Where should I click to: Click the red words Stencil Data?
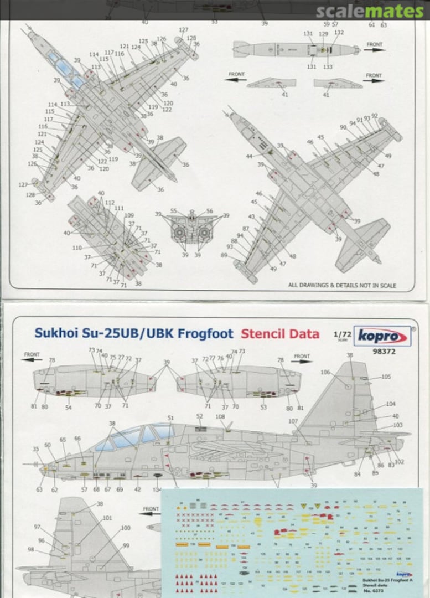tap(279, 334)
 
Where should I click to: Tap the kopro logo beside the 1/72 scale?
tap(382, 336)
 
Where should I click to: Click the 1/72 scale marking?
tap(341, 336)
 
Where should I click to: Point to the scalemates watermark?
tap(370, 11)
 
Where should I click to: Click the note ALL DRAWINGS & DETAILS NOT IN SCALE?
tap(342, 286)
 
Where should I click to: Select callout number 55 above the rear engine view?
tap(174, 211)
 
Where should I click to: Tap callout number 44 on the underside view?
tap(249, 157)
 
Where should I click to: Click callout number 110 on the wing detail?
tap(77, 248)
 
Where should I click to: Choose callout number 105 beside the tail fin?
tap(386, 377)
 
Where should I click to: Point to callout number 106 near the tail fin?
tap(325, 372)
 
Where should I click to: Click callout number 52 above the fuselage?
tap(199, 416)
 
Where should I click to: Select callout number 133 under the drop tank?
tap(328, 67)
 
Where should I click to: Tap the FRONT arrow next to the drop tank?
tap(375, 47)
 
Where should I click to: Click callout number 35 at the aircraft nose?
tap(36, 449)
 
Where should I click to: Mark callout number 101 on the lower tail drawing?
tap(107, 518)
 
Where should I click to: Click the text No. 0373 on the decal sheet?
tap(372, 590)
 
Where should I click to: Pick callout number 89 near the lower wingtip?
tap(224, 255)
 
